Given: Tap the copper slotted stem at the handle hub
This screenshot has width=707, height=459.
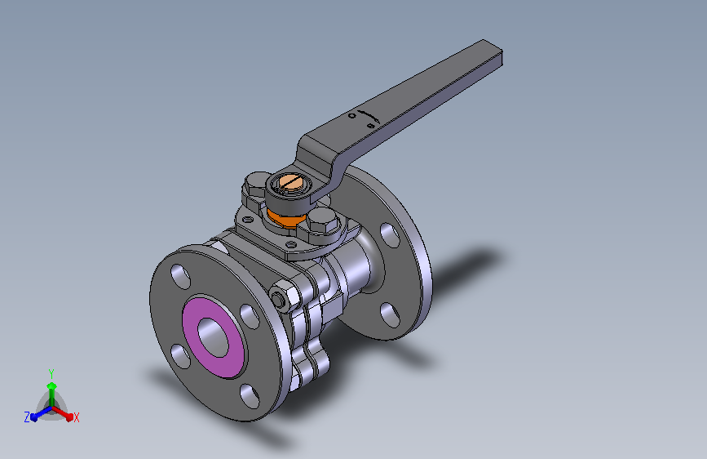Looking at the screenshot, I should tap(290, 184).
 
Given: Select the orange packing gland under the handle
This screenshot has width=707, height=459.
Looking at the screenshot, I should tap(282, 217).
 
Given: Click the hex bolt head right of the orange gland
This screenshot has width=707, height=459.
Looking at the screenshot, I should tap(322, 222).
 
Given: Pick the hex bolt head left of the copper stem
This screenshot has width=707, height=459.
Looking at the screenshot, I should tap(255, 188).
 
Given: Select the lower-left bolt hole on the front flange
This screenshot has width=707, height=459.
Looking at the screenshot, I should tap(177, 354).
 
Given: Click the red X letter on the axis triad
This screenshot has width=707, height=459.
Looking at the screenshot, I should tap(76, 417).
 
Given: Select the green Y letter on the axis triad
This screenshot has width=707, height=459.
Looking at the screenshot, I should tap(51, 372).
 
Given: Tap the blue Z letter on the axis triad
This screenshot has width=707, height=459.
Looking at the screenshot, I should tap(27, 417).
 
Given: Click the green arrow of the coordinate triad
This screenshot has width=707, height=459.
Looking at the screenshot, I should tap(51, 387).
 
